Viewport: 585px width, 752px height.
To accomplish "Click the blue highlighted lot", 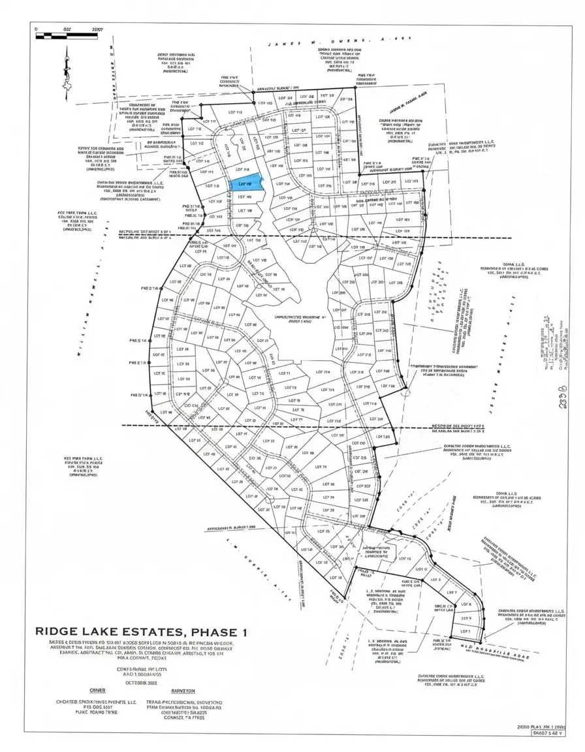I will pyautogui.click(x=246, y=185).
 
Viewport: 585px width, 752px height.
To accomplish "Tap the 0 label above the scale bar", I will pyautogui.click(x=37, y=29).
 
